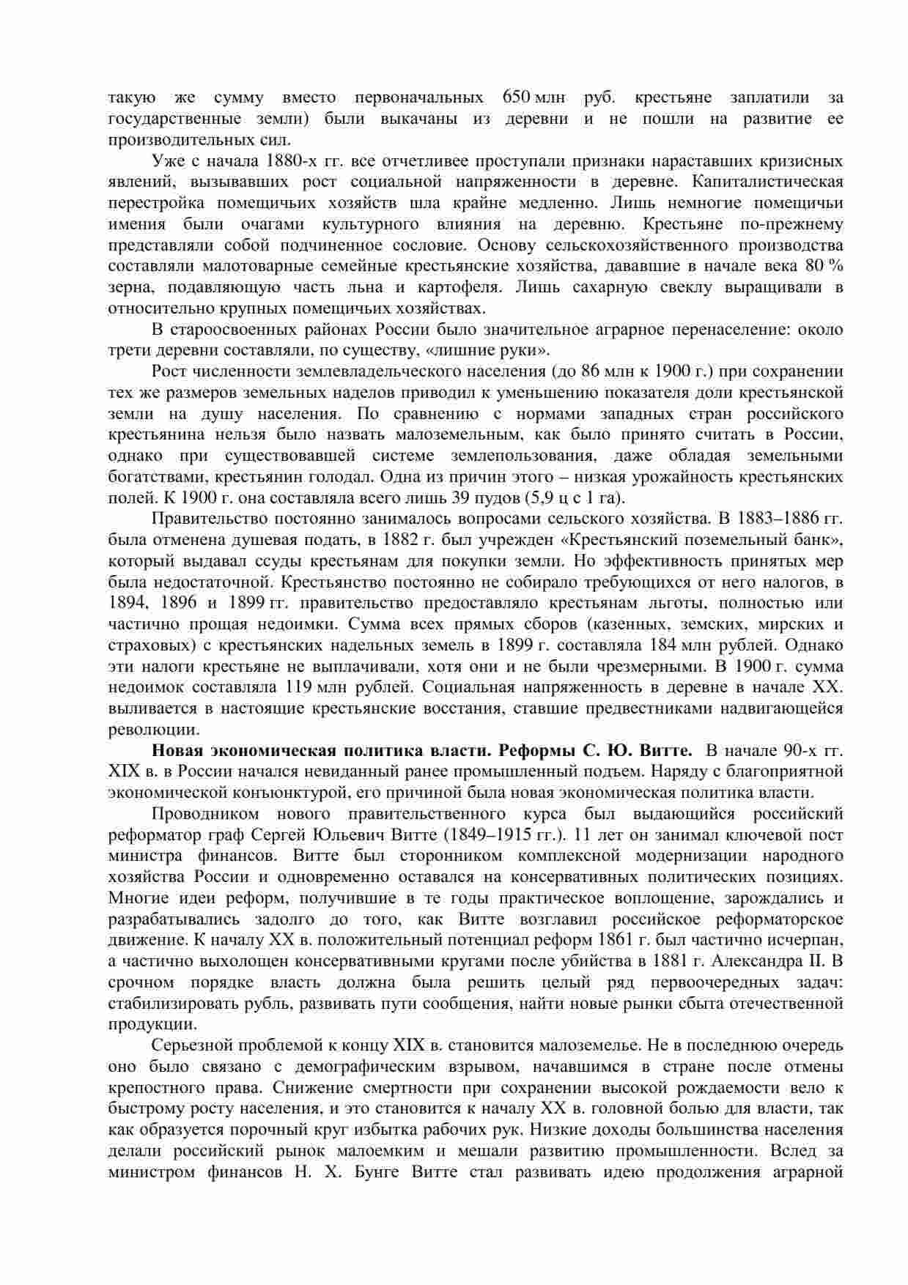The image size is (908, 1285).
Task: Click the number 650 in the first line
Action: click(x=517, y=97)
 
